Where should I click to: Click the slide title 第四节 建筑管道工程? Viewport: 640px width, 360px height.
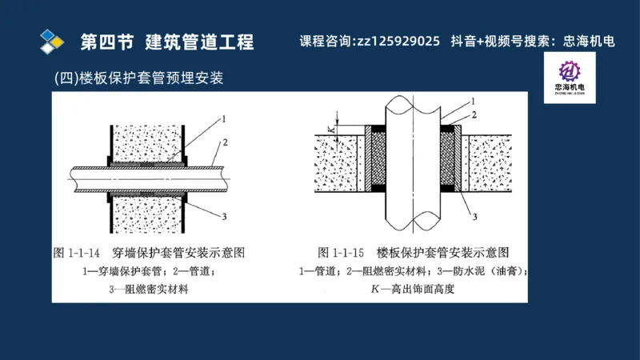[x=167, y=41]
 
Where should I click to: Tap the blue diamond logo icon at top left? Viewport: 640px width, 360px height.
[x=53, y=40]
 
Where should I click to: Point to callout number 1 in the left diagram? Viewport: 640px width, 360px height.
[x=223, y=119]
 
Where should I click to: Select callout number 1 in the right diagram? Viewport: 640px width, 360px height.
[x=474, y=102]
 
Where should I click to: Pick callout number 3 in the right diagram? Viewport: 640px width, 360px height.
[x=474, y=216]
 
